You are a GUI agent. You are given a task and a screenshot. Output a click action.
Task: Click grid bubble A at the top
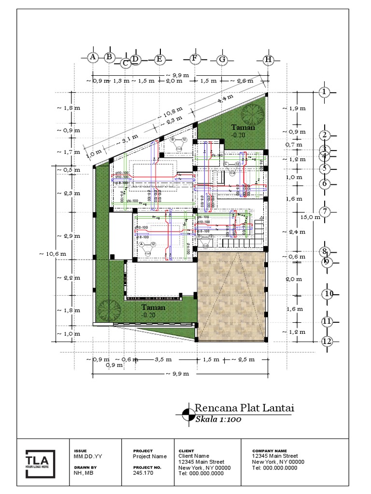coord(93,57)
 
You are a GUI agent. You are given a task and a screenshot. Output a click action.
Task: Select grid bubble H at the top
coord(269,60)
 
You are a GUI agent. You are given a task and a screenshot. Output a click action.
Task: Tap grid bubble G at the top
coord(222,60)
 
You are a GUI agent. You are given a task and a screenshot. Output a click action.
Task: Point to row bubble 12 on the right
coord(328,342)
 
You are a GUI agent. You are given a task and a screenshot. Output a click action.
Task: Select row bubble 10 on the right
coord(328,294)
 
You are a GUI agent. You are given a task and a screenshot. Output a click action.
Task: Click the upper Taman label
coord(242,127)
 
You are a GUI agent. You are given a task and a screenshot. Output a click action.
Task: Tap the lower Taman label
coord(154,307)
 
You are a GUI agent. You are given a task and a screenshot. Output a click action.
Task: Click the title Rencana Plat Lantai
coord(244,408)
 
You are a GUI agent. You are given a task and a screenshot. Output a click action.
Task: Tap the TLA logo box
coord(40,463)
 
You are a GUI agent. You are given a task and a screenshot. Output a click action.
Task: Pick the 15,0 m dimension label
coord(310,217)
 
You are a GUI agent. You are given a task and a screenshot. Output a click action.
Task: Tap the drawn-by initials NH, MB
coord(84,473)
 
